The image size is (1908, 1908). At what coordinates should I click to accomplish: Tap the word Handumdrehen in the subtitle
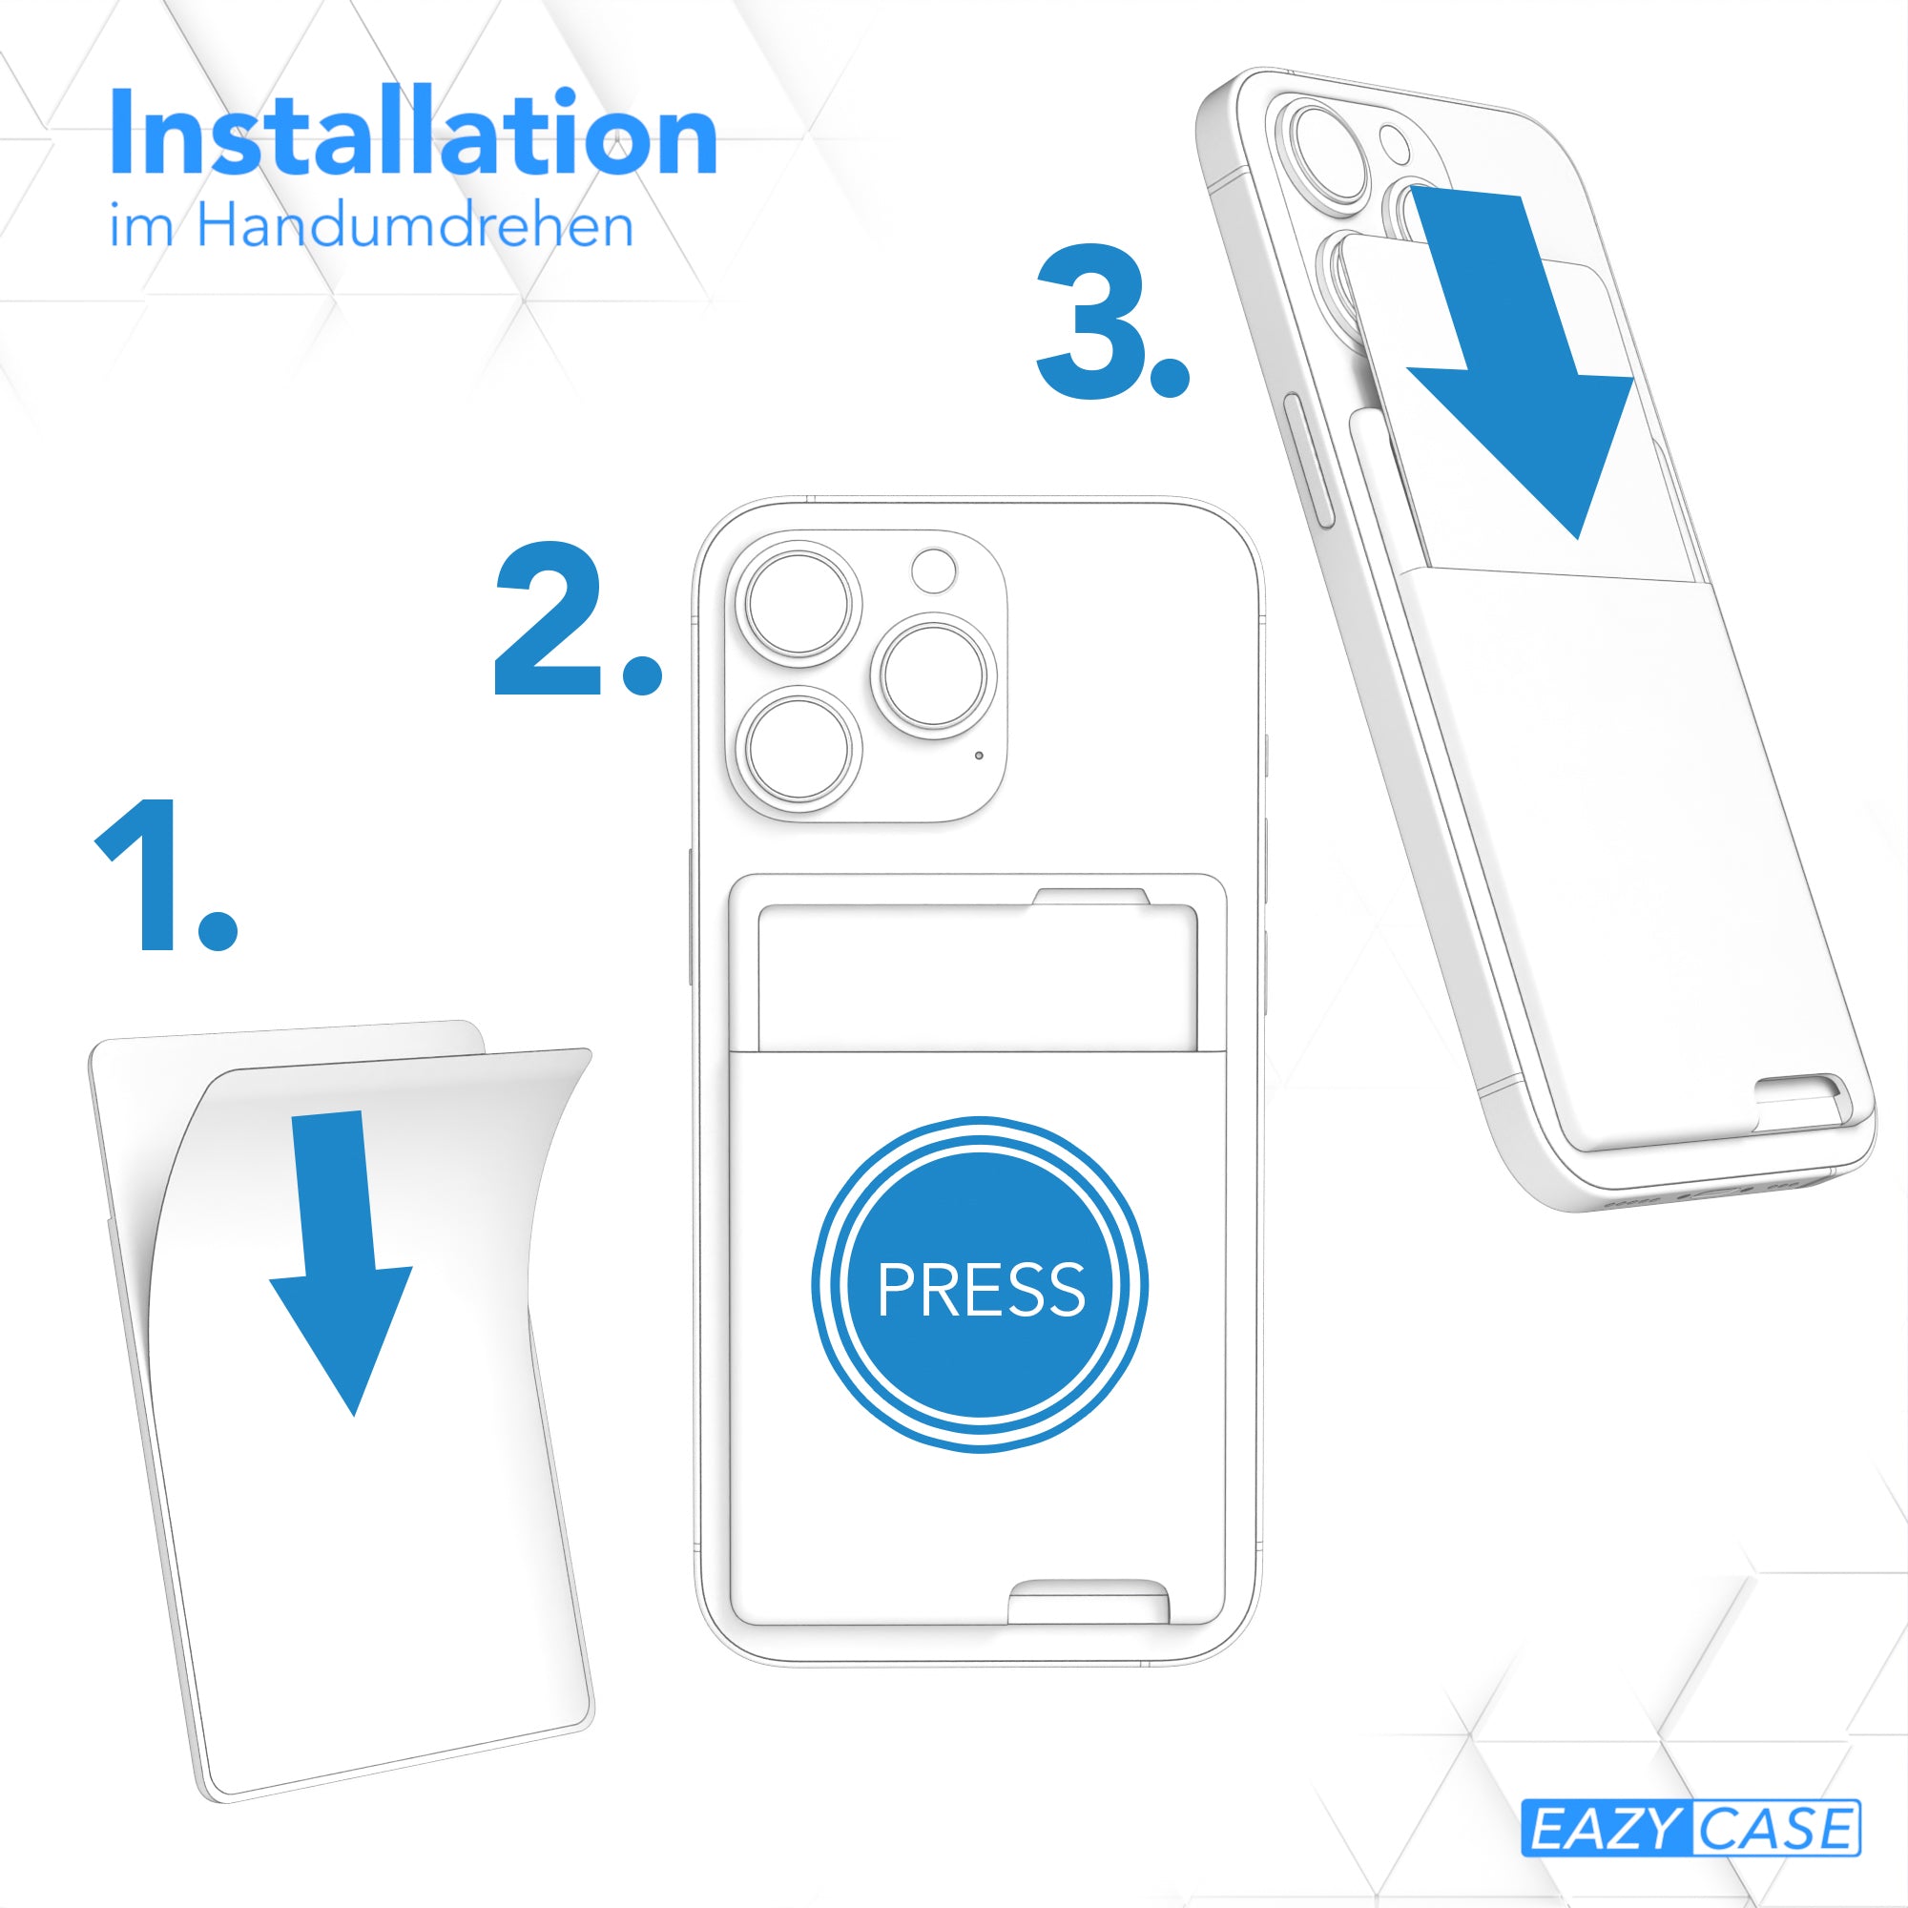(415, 225)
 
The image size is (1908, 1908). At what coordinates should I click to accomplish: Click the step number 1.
(166, 875)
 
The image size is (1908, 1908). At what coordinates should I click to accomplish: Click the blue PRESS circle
(980, 1285)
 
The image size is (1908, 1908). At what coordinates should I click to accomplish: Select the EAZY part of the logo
(1606, 1828)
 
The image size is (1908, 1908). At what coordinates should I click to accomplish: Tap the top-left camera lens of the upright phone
(798, 604)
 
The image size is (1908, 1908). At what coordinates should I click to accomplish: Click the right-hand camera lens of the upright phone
(934, 676)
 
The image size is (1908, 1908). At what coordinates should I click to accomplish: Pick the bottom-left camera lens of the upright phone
(798, 749)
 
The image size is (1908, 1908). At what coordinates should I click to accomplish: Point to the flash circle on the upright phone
(933, 570)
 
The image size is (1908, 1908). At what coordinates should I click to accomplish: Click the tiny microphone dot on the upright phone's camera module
(979, 756)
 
